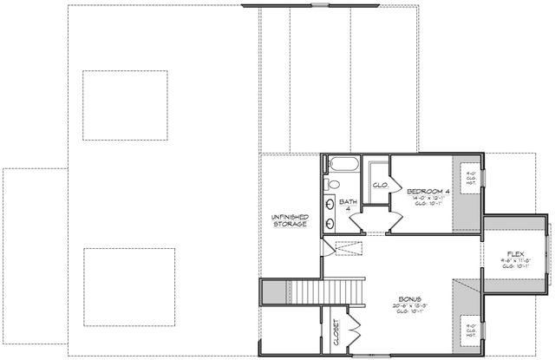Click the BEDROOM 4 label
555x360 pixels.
[x=428, y=191]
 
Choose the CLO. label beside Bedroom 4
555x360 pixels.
[x=379, y=185]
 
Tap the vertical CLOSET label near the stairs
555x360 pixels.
[x=336, y=332]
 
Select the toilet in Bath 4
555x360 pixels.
[x=333, y=184]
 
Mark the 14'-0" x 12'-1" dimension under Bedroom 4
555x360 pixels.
[x=428, y=199]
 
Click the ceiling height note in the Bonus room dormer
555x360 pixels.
[x=468, y=331]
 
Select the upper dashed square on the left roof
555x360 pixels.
[x=125, y=105]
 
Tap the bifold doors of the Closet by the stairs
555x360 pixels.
[x=355, y=331]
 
